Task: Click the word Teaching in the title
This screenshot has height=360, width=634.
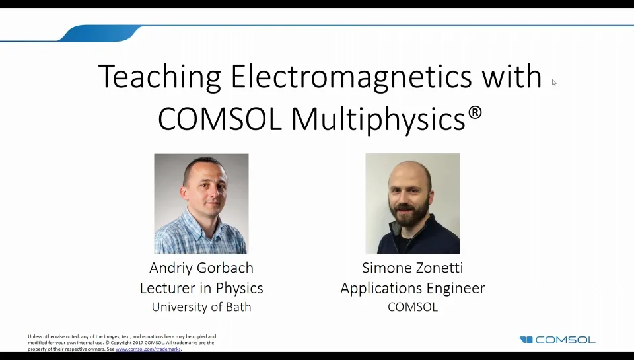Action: (x=159, y=77)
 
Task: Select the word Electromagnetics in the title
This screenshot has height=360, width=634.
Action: (x=351, y=77)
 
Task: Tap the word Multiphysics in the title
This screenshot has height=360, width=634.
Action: (x=378, y=119)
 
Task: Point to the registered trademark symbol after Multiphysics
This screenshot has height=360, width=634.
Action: (x=475, y=113)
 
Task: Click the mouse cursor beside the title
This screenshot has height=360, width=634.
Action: (x=553, y=83)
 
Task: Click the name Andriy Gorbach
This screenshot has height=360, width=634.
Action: (x=201, y=268)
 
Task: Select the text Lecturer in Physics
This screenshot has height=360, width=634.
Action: (x=201, y=289)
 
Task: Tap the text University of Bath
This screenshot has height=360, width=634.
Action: (x=201, y=307)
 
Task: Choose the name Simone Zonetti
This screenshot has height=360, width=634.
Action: (x=412, y=268)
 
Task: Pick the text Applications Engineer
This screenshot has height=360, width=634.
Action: (x=412, y=289)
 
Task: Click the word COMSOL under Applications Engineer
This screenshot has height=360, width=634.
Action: (x=412, y=307)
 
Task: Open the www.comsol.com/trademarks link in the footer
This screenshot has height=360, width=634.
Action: (x=148, y=349)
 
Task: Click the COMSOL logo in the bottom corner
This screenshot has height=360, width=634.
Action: (x=558, y=340)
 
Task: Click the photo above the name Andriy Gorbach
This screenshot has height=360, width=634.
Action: (x=201, y=203)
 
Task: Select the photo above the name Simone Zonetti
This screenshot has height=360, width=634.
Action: (x=412, y=203)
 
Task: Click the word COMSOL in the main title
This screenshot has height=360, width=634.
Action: (x=221, y=119)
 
